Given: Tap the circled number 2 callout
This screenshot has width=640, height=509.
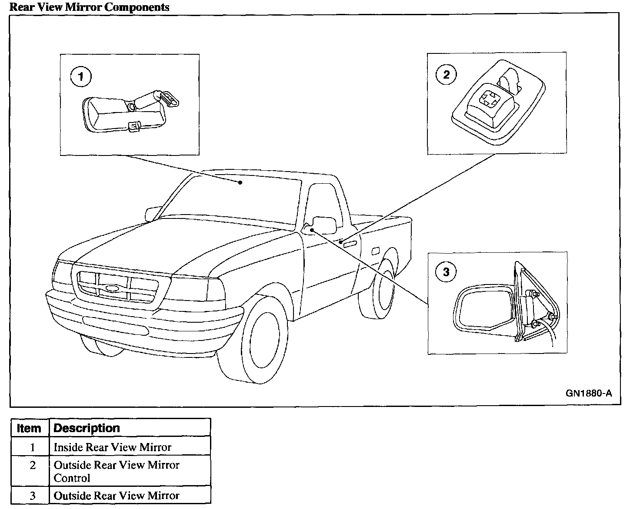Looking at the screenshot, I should (x=446, y=74).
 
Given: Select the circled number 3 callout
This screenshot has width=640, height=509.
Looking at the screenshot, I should (x=446, y=272).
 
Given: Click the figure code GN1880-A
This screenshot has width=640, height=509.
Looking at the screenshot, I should (x=589, y=393).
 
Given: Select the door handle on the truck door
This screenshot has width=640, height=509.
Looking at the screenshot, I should (x=350, y=244).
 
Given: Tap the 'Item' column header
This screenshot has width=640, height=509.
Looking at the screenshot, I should (x=29, y=428).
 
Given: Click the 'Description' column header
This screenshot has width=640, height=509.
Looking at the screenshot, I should (x=87, y=428).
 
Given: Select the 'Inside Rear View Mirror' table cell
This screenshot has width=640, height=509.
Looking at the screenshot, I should (x=113, y=447).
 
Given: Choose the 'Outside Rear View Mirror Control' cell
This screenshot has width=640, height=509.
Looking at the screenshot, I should (x=116, y=471).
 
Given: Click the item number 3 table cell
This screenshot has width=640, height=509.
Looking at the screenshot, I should (x=32, y=496).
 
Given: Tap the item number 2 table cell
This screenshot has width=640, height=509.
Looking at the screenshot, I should (x=32, y=466).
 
